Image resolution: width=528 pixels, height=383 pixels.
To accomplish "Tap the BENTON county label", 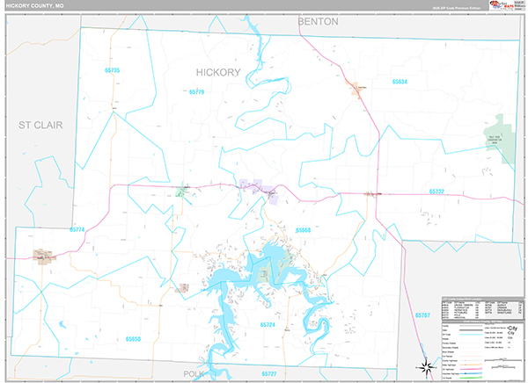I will (x=318, y=20).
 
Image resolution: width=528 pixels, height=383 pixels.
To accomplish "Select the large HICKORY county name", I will (x=217, y=72).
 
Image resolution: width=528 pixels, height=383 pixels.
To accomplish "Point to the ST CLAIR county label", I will (x=41, y=126).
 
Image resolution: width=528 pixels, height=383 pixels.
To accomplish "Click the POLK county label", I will (x=192, y=373).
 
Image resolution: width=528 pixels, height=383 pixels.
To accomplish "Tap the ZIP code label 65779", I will (x=195, y=91).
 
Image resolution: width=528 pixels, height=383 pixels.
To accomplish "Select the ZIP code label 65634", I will (x=400, y=81).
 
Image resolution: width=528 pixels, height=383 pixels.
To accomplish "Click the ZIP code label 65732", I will (x=437, y=191).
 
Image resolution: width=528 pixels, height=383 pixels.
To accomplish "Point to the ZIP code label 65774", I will (x=76, y=229).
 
